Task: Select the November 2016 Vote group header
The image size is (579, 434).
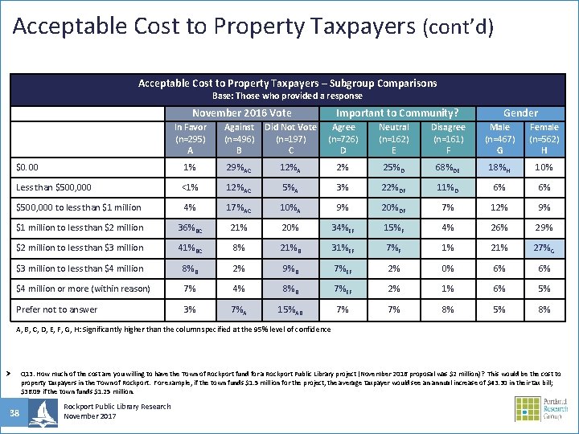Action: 241,113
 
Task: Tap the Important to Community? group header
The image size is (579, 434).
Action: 396,113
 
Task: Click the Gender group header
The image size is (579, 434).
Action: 520,113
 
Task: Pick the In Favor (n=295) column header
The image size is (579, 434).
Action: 190,138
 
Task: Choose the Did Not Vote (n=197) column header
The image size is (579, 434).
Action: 290,138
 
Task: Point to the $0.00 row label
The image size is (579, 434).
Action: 28,167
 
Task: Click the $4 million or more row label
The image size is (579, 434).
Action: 83,289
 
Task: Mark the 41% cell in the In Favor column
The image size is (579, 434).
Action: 191,248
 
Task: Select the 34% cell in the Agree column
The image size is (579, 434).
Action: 344,227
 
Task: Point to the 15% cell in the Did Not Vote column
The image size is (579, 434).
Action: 291,309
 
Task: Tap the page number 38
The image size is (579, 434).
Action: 14,413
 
